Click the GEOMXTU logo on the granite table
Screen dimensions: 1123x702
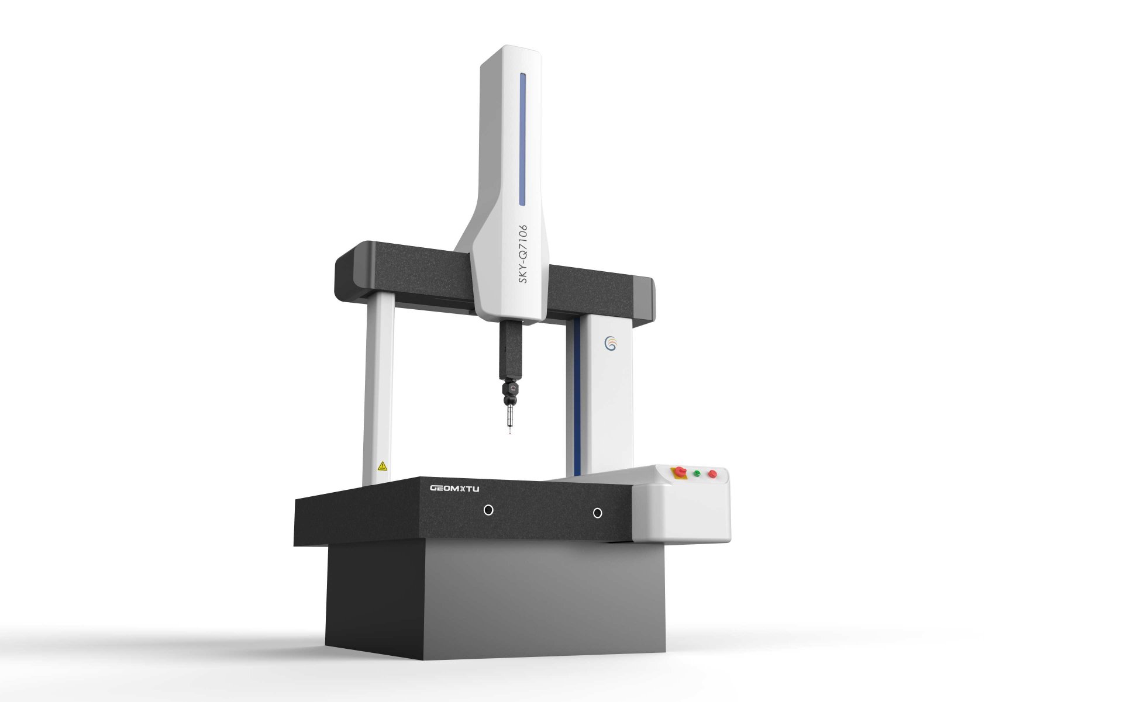coord(454,488)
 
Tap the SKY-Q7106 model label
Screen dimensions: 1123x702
coord(523,254)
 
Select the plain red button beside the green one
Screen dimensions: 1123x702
coord(712,473)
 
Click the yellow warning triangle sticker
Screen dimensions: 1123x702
coord(383,466)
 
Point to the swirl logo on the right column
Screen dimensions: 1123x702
coord(611,344)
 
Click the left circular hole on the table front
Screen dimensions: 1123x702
coord(488,510)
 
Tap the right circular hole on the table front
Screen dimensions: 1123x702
coord(597,513)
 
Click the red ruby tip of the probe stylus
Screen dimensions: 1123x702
coord(510,433)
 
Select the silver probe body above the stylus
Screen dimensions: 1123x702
coord(509,417)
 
